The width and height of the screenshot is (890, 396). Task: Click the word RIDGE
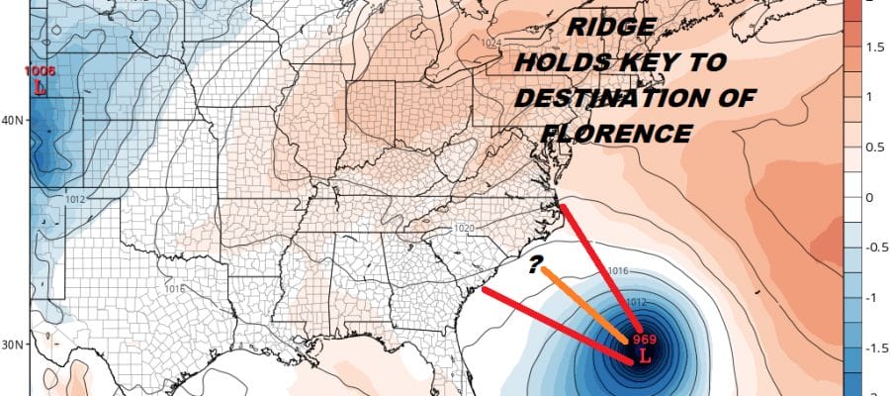tap(603, 31)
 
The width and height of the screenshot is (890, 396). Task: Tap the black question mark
tap(534, 264)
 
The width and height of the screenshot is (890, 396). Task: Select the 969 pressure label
tap(645, 338)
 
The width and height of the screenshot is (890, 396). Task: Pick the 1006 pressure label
tap(40, 71)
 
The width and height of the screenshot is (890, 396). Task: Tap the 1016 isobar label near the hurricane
tap(619, 270)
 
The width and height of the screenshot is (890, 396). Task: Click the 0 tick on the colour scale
tap(871, 197)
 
